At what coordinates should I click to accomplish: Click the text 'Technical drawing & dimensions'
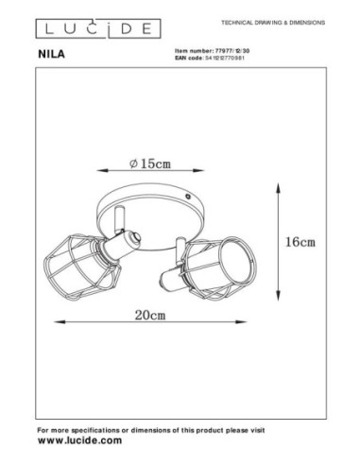point(271,19)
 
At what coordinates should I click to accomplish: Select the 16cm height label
point(300,242)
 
